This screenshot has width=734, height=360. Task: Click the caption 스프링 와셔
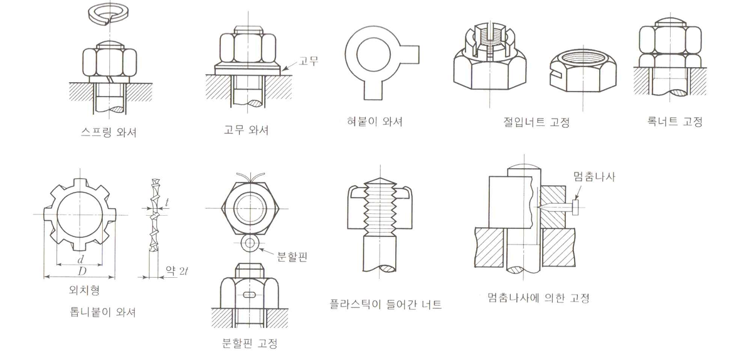point(109,132)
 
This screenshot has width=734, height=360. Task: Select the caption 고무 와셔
point(246,130)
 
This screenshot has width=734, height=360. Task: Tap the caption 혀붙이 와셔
point(372,121)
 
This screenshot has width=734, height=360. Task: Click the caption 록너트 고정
point(674,121)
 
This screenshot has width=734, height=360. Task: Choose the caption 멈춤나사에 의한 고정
point(538,297)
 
